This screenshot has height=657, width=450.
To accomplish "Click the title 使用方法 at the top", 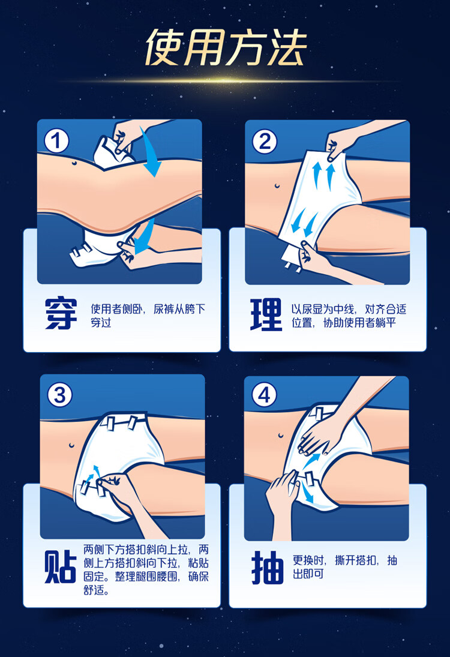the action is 226,48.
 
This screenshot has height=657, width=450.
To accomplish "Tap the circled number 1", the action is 56,141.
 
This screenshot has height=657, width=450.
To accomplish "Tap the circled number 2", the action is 265,141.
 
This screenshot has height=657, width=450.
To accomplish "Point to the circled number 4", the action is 264,394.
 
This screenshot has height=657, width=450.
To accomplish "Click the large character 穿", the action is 61,314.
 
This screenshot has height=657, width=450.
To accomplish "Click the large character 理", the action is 266,314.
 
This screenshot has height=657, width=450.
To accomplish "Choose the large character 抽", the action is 267,568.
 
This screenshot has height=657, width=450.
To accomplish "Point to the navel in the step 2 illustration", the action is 277,185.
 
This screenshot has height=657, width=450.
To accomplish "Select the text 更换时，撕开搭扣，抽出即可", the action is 344,567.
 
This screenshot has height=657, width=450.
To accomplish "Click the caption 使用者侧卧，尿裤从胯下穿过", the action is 148,316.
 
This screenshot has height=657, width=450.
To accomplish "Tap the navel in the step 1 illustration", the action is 74,163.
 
